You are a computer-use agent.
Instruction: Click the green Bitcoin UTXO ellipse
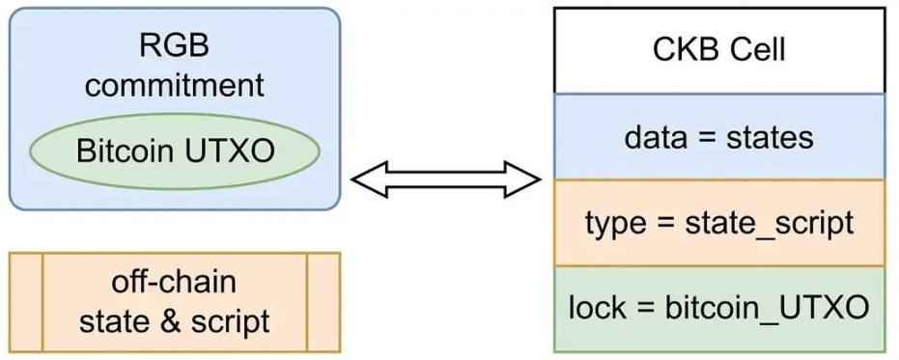174,152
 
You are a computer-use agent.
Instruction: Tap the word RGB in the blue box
174,45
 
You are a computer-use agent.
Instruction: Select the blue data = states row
718,137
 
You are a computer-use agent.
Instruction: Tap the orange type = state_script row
718,223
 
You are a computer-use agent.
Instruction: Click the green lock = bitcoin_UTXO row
718,309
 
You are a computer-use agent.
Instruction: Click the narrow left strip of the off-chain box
25,302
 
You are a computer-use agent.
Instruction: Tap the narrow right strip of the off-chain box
323,302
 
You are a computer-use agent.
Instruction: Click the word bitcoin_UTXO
769,309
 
